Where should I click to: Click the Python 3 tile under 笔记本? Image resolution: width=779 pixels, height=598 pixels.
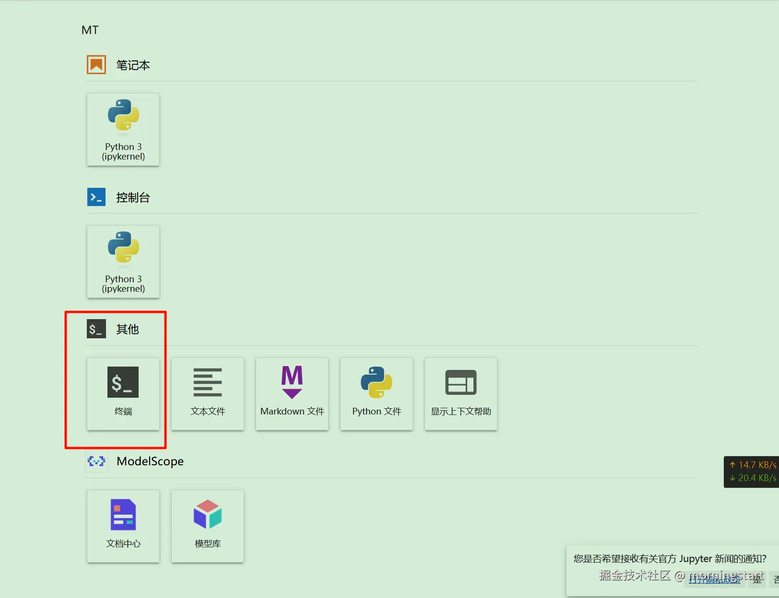(x=123, y=129)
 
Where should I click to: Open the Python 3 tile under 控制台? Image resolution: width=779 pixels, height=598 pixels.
(x=123, y=262)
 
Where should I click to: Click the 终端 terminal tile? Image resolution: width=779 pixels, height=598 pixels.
(x=123, y=393)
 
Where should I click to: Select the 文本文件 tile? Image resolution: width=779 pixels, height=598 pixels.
(x=208, y=393)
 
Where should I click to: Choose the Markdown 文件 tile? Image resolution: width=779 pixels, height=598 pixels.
(x=292, y=393)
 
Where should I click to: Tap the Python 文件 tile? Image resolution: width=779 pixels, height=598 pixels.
(x=377, y=393)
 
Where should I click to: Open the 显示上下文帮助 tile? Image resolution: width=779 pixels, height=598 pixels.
(x=461, y=393)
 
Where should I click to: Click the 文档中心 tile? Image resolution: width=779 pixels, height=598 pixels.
(x=123, y=526)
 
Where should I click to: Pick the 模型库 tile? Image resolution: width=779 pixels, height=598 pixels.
(x=208, y=526)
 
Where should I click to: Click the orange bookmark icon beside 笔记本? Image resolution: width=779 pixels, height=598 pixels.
(x=96, y=65)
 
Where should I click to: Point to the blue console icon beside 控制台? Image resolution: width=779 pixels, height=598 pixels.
(x=96, y=197)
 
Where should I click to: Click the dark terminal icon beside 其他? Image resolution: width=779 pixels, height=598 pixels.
(x=96, y=329)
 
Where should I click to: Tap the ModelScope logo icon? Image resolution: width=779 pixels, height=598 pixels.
(x=96, y=461)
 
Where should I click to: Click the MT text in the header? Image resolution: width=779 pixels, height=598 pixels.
(x=90, y=30)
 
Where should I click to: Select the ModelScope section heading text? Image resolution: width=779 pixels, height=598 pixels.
(x=150, y=461)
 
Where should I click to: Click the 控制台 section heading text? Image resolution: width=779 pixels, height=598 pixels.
(x=133, y=197)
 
